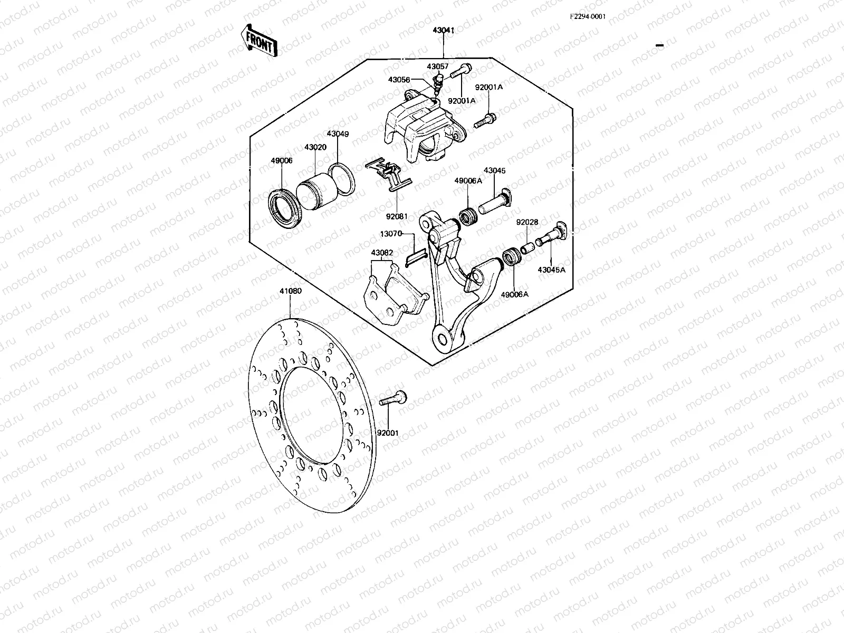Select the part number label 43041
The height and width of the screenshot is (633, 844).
click(x=443, y=31)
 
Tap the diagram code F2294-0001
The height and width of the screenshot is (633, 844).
click(x=587, y=16)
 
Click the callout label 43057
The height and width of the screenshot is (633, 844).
click(x=437, y=67)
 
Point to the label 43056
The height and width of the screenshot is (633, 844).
click(x=399, y=80)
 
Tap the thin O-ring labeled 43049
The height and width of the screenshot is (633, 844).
click(x=341, y=180)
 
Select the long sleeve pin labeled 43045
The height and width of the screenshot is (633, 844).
click(x=493, y=203)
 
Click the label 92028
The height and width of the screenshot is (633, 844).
click(x=527, y=222)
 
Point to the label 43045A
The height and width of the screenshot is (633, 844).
click(x=551, y=270)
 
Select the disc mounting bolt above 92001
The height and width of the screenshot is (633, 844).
click(x=392, y=399)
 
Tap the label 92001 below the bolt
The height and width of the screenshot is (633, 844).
click(x=388, y=433)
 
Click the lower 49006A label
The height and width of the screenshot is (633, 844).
click(x=514, y=294)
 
